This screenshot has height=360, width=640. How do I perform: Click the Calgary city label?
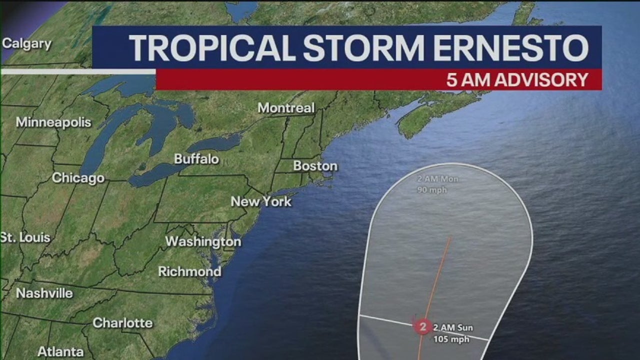26,44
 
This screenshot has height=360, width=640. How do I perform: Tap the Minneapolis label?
53,122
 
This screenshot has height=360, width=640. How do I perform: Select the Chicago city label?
78,178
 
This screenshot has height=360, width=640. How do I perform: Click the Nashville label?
44,293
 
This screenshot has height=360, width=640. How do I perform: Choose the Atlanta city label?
60,351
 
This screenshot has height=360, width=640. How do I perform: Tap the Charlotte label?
122,323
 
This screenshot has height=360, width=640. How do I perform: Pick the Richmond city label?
189,271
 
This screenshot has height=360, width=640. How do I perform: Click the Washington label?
203,242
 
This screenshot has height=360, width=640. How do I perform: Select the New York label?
260,202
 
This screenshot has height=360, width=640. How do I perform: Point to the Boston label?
315,166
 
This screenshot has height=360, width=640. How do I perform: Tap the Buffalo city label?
196,159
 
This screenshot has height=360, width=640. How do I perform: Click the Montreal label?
286,108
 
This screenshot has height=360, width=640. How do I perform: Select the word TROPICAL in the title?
212,48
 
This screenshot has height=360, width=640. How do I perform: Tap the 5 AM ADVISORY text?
517,80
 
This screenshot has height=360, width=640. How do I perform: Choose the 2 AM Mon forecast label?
438,179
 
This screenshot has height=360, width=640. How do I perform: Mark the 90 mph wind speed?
432,190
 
